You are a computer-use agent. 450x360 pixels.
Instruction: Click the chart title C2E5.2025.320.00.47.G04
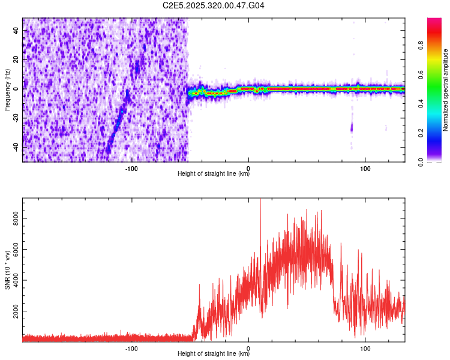pyautogui.click(x=214, y=5)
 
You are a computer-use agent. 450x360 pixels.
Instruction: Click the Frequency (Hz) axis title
pyautogui.click(x=7, y=89)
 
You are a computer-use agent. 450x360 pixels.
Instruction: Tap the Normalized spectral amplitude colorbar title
pyautogui.click(x=446, y=89)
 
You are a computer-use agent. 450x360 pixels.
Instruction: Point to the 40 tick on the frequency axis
pyautogui.click(x=16, y=31)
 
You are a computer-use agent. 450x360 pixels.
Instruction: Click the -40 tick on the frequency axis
pyautogui.click(x=14, y=147)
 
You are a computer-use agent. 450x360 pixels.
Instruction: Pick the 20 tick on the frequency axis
pyautogui.click(x=16, y=60)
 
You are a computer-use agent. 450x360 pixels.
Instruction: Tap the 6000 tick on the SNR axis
pyautogui.click(x=13, y=251)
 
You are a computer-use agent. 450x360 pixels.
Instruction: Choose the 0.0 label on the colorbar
pyautogui.click(x=420, y=161)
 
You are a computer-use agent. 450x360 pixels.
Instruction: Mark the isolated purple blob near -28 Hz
pyautogui.click(x=352, y=127)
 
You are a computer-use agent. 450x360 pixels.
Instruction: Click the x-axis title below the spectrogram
pyautogui.click(x=214, y=175)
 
